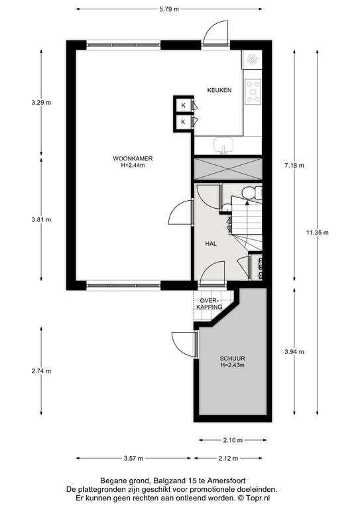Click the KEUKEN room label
pos(219,90)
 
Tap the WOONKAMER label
pos(133,159)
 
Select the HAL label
pos(211,244)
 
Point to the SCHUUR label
pos(232,359)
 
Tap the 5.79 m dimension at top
pos(169,9)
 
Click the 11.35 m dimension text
pos(317,233)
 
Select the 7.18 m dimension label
pos(294,166)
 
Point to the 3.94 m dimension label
pos(294,351)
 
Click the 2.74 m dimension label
pos(41,370)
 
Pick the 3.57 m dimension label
pos(133,459)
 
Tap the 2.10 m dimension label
pos(233,440)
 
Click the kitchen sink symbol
pos(223,145)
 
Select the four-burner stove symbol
pos(253,92)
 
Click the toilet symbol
pos(252,192)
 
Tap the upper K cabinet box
pos(184,105)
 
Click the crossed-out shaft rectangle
pos(228,168)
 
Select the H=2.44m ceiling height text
pos(133,165)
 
